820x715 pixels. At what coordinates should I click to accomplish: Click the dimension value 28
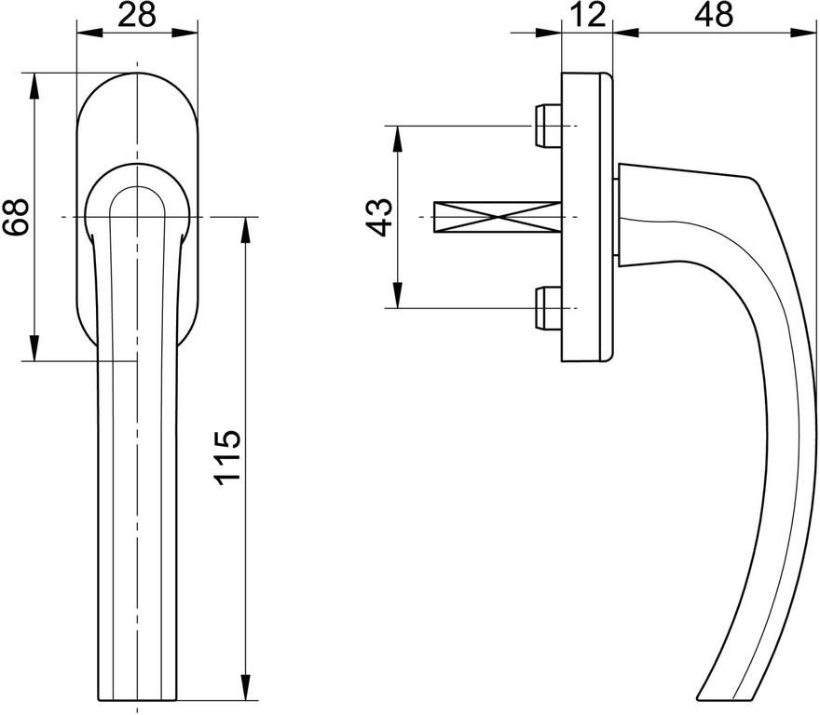pyautogui.click(x=137, y=15)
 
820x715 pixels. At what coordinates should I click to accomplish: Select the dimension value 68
pyautogui.click(x=15, y=216)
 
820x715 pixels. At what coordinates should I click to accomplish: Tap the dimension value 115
pyautogui.click(x=227, y=458)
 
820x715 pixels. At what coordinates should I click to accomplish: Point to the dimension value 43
pyautogui.click(x=379, y=217)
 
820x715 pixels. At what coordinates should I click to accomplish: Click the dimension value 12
pyautogui.click(x=587, y=15)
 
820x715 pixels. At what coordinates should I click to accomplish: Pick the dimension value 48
pyautogui.click(x=714, y=15)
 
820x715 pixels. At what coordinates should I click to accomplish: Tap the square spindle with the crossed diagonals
pyautogui.click(x=498, y=217)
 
